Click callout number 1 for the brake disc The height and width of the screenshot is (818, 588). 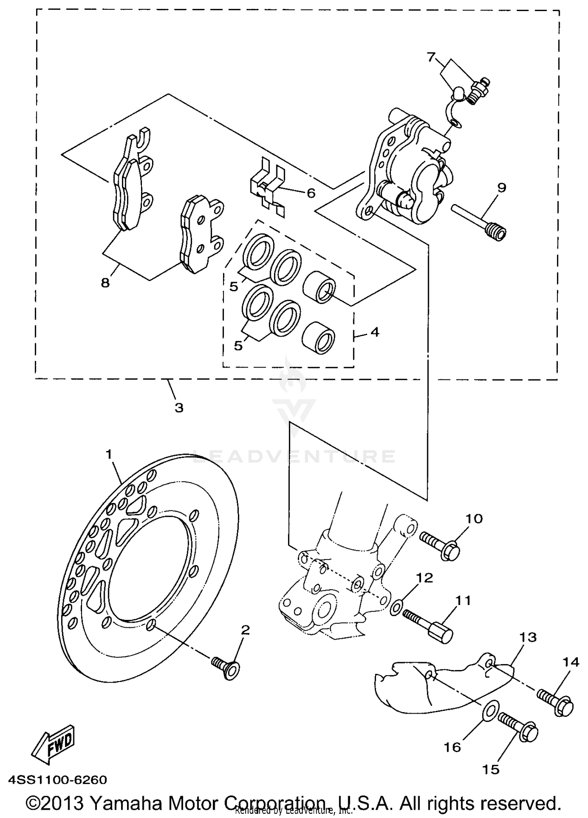click(x=109, y=455)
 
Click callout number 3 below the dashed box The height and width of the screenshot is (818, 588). click(x=179, y=408)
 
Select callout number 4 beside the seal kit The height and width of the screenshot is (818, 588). click(x=374, y=332)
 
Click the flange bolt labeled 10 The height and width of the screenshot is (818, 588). click(x=440, y=543)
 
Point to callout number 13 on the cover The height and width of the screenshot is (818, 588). click(x=528, y=637)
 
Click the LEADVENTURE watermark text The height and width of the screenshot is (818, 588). click(x=294, y=456)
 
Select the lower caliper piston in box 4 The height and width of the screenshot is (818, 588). click(x=319, y=339)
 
